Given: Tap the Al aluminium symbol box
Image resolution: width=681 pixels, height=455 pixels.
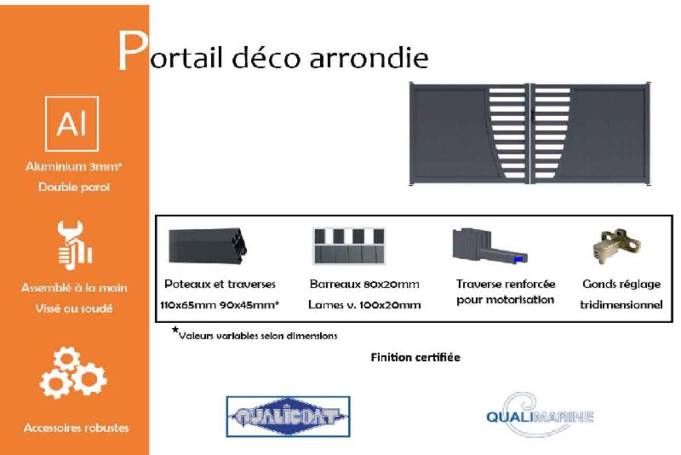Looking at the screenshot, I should (x=72, y=124).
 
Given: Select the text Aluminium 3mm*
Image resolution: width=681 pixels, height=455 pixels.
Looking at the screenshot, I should (x=74, y=167).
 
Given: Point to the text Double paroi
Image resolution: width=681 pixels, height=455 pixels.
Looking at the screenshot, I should (x=74, y=187).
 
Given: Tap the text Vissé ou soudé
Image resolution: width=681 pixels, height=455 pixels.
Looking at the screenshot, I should (x=74, y=308).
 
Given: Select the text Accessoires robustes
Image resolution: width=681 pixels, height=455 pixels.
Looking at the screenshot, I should (x=76, y=427).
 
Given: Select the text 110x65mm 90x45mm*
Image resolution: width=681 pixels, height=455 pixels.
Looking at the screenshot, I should (x=220, y=304).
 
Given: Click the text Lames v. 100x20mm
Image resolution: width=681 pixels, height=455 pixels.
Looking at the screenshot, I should (x=365, y=304).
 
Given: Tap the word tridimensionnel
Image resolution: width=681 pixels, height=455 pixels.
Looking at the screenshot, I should (x=621, y=304).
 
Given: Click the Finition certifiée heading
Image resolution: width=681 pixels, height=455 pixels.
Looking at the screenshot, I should (x=415, y=357).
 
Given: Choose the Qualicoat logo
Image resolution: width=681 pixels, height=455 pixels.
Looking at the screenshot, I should (x=288, y=417).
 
